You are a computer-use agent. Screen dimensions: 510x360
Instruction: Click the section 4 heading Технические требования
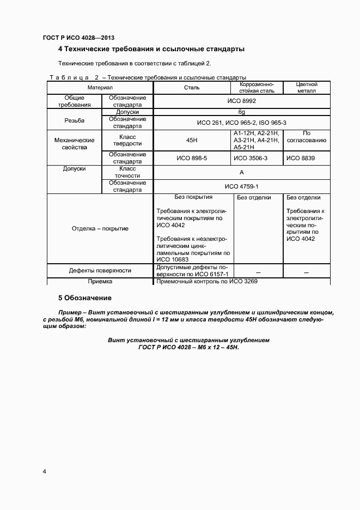pyautogui.click(x=151, y=50)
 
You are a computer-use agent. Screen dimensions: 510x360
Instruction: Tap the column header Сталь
pyautogui.click(x=192, y=87)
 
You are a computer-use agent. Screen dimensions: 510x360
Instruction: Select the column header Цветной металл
pyautogui.click(x=307, y=87)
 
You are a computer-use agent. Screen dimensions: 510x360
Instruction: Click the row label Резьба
pyautogui.click(x=74, y=120)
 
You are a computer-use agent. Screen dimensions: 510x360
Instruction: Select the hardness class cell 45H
pyautogui.click(x=192, y=140)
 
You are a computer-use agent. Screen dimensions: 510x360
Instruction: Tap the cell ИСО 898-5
pyautogui.click(x=192, y=158)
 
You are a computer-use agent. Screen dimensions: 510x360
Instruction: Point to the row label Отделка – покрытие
pyautogui.click(x=100, y=228)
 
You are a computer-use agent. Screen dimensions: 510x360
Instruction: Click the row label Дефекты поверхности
pyautogui.click(x=100, y=270)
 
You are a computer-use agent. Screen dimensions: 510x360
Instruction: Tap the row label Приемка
pyautogui.click(x=100, y=282)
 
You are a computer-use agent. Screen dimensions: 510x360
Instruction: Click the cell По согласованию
pyautogui.click(x=307, y=136)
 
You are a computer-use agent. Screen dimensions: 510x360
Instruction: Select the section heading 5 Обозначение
pyautogui.click(x=84, y=298)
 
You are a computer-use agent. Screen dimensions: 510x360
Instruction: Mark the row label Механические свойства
pyautogui.click(x=75, y=143)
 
